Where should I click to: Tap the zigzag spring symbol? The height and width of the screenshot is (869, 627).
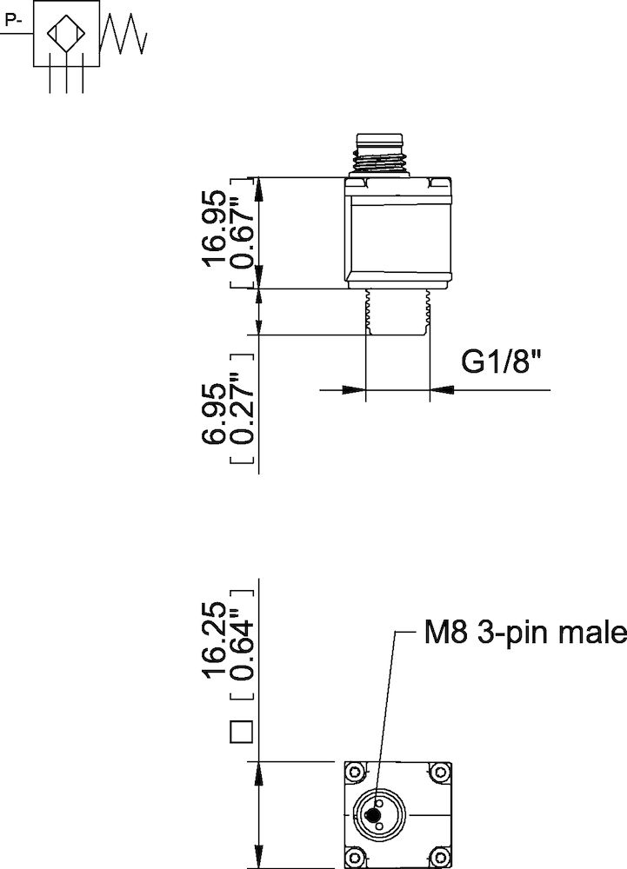click(x=124, y=35)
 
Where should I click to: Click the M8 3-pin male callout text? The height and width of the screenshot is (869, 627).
click(x=524, y=633)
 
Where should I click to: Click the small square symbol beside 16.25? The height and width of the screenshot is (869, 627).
click(x=241, y=732)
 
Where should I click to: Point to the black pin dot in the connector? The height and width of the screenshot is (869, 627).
click(x=374, y=815)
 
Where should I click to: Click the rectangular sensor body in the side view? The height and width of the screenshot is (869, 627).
click(x=397, y=235)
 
